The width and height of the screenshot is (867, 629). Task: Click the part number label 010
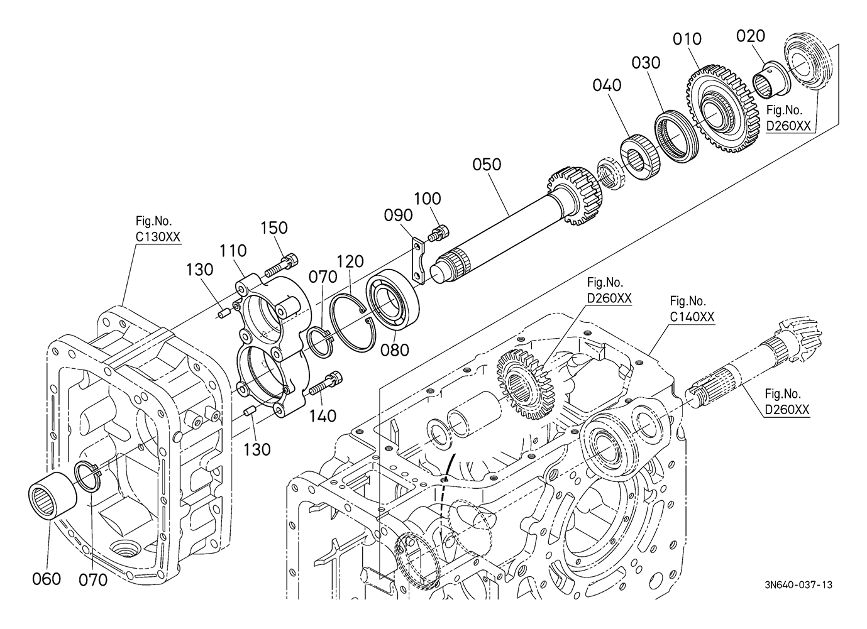click(x=687, y=39)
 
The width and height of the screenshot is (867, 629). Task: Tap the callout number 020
click(x=751, y=36)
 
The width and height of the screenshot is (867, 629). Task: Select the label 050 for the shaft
click(x=487, y=165)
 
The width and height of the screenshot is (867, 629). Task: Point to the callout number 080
click(x=394, y=350)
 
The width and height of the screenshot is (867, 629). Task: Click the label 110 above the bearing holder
click(x=233, y=251)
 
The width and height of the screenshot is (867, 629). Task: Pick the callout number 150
click(x=274, y=228)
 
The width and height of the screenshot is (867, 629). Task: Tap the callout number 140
click(x=323, y=416)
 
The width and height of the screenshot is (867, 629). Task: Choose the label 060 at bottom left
click(x=47, y=579)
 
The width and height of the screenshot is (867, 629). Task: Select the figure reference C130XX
click(x=158, y=237)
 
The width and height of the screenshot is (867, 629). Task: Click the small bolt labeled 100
click(x=439, y=232)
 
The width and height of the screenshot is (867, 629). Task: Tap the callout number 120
click(x=350, y=262)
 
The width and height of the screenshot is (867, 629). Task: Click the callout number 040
click(x=607, y=85)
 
